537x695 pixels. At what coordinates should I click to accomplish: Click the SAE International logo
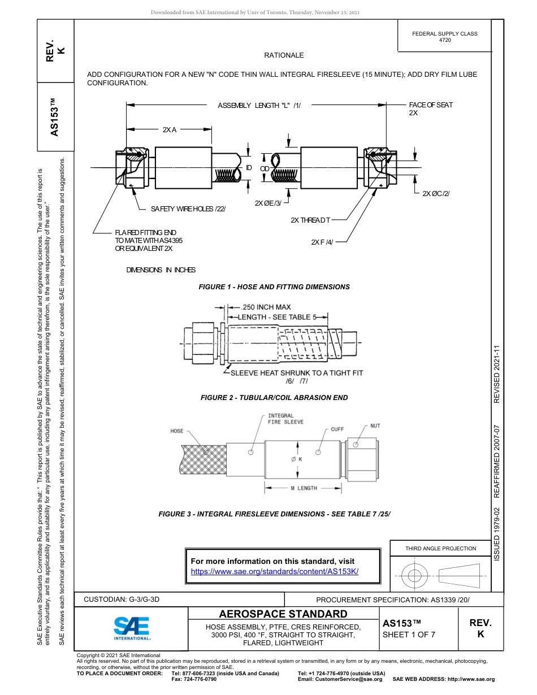point(132,627)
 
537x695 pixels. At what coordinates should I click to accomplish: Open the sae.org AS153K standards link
point(275,571)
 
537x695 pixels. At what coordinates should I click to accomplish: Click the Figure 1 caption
point(274,287)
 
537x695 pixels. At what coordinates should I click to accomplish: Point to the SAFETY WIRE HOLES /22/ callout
point(188,209)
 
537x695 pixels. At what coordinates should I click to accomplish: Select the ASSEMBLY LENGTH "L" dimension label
point(259,105)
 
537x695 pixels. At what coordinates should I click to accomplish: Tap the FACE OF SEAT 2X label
point(431,108)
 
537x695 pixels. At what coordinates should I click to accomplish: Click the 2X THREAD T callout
point(310,220)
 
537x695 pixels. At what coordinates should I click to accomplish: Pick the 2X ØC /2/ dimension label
point(436,194)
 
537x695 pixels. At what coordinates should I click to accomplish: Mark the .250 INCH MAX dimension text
point(266,307)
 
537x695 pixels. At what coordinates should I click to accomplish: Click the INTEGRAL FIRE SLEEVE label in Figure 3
point(285,419)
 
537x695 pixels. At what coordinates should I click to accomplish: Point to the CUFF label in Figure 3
point(337,429)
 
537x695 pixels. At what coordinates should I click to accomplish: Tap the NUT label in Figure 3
point(375,426)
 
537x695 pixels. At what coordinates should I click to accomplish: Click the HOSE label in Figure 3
point(177,431)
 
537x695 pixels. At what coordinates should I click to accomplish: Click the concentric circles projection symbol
point(415,576)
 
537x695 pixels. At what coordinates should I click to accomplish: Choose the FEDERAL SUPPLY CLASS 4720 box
point(444,37)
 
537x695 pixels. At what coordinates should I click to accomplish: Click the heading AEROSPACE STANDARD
point(283,614)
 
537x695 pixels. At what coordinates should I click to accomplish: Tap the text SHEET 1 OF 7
point(409,635)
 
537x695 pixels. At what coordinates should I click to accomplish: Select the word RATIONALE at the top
point(284,55)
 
